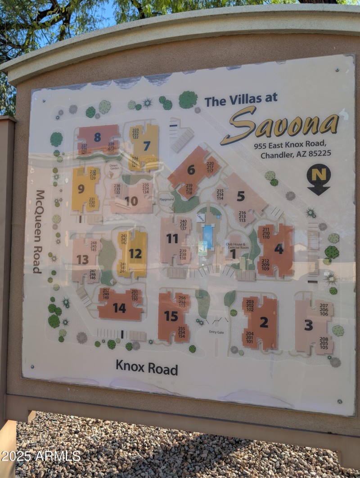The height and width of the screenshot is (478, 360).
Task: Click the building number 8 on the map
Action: pyautogui.click(x=97, y=137)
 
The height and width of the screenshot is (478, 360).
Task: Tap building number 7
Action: pyautogui.click(x=147, y=146)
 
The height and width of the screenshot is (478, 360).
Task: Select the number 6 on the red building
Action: pyautogui.click(x=191, y=170)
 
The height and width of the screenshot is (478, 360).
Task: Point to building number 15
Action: pyautogui.click(x=171, y=316)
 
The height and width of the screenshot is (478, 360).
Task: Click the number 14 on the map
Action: pyautogui.click(x=119, y=308)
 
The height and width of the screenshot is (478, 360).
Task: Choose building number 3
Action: pyautogui.click(x=308, y=325)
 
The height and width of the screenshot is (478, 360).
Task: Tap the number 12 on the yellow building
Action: pyautogui.click(x=135, y=254)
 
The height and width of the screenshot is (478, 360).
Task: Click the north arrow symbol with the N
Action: pyautogui.click(x=319, y=179)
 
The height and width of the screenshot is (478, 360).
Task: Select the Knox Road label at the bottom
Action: pyautogui.click(x=147, y=367)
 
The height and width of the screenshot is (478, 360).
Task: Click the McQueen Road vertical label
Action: pyautogui.click(x=39, y=232)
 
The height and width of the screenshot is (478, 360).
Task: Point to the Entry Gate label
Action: pyautogui.click(x=216, y=332)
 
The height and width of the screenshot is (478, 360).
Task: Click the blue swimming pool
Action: pyautogui.click(x=208, y=237)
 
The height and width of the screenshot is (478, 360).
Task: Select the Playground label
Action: pyautogui.click(x=166, y=199)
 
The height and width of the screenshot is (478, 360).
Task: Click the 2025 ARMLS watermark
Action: pyautogui.click(x=40, y=456)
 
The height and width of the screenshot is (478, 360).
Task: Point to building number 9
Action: pyautogui.click(x=81, y=189)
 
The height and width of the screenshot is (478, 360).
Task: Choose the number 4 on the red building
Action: pyautogui.click(x=279, y=249)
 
